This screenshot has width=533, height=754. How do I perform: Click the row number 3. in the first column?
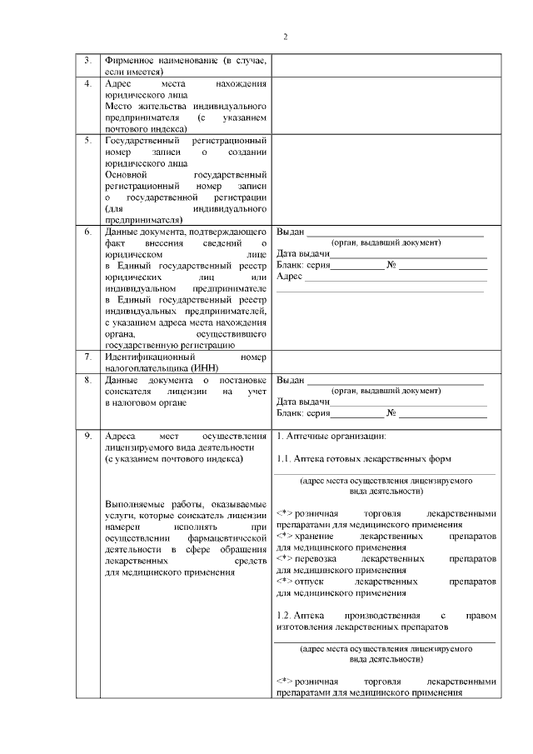tap(88, 61)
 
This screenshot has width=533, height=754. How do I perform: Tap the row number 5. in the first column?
tap(88, 140)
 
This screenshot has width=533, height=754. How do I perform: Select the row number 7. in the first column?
tap(88, 357)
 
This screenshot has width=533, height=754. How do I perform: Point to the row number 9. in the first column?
tap(88, 436)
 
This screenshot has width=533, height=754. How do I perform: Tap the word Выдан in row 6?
tap(291, 232)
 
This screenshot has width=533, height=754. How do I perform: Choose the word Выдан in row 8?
tap(291, 380)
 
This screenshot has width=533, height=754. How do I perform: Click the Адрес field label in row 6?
tap(289, 277)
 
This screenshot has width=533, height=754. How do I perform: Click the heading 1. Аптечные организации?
tap(330, 436)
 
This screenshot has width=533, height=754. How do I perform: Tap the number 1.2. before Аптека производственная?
tap(284, 614)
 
